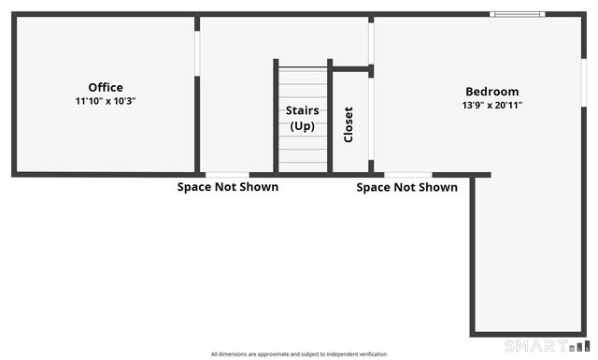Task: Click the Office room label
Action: [x=106, y=88]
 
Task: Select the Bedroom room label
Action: [x=492, y=92]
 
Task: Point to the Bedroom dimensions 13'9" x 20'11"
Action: [x=492, y=106]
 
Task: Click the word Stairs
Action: [x=302, y=110]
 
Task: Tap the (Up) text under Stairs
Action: [x=302, y=125]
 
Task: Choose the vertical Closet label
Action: [x=349, y=124]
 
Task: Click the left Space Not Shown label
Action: [x=228, y=187]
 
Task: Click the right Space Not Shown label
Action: [x=407, y=187]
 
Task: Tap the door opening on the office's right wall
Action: [x=197, y=55]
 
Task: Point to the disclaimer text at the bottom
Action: [x=299, y=354]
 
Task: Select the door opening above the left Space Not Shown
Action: [x=227, y=174]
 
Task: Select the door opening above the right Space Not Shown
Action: [x=408, y=174]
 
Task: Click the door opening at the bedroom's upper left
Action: [x=371, y=42]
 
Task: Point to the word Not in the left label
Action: [x=228, y=187]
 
